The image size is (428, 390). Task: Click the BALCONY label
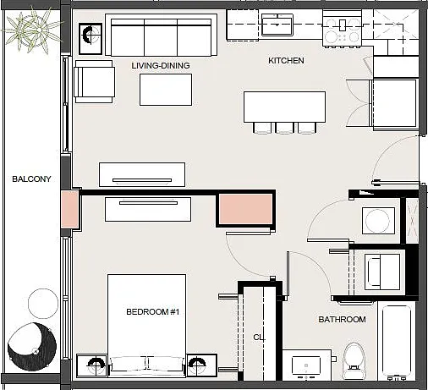[31, 179]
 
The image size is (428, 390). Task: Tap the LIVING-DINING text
[161, 66]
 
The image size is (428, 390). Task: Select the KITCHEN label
[286, 61]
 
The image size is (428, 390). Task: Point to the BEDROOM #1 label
[152, 312]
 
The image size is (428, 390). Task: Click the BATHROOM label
[342, 320]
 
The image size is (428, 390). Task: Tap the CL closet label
[259, 338]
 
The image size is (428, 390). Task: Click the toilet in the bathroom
[354, 360]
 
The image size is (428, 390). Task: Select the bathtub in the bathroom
[397, 342]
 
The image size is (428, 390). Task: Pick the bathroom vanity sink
[306, 365]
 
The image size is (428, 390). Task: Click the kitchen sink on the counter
[277, 25]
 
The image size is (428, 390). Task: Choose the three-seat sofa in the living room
[161, 35]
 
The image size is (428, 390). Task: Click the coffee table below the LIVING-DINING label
[166, 90]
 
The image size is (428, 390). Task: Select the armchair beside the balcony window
[95, 81]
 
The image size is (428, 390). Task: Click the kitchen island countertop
[284, 107]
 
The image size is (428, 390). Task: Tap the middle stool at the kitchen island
[285, 128]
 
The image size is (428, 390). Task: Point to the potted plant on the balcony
[32, 30]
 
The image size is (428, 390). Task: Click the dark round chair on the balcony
[32, 347]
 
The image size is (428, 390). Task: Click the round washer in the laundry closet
[377, 221]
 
